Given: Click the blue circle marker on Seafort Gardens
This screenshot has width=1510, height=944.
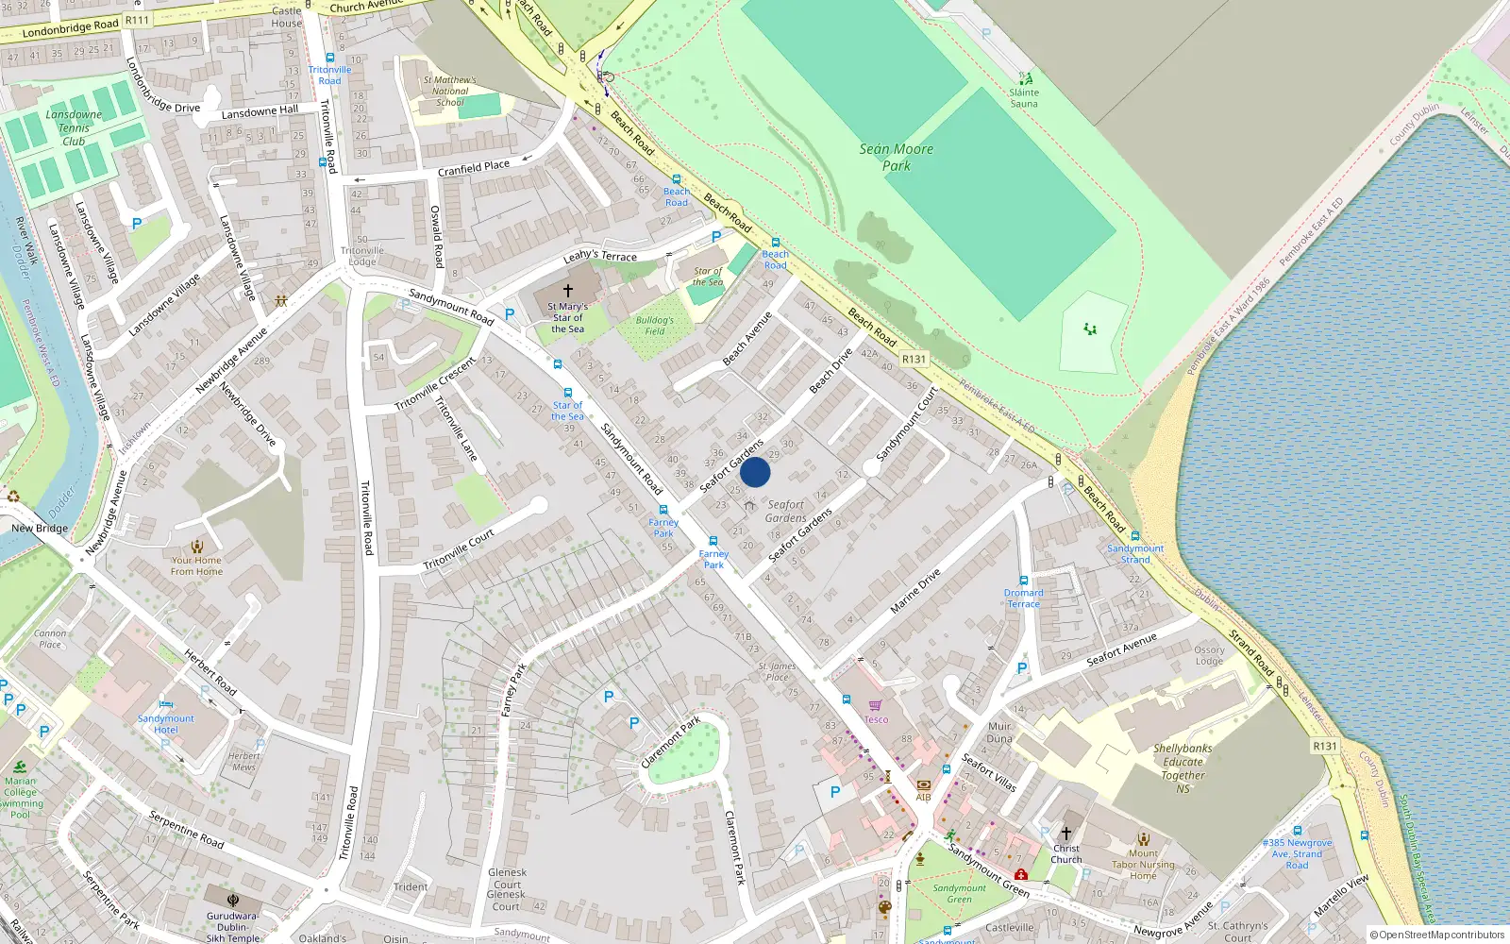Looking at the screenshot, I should tap(755, 472).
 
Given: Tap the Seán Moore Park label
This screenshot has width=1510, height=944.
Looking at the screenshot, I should tap(896, 157).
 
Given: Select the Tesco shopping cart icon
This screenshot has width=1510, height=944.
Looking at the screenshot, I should tap(875, 705).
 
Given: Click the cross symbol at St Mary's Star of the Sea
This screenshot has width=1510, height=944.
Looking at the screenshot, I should tap(567, 291).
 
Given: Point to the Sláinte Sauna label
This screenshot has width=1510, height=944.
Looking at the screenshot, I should tap(1024, 97).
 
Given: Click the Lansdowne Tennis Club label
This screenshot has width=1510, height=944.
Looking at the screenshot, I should tap(74, 127).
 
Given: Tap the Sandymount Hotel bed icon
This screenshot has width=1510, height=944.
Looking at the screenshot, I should tap(166, 704).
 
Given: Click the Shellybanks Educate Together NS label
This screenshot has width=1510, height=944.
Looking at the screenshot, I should tap(1183, 767).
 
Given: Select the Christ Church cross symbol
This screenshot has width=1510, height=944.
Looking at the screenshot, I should tap(1066, 834).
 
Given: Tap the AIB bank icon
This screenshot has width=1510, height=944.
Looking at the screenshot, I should tap(923, 784).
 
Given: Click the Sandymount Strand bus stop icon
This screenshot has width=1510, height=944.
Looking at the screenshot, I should tap(1135, 536).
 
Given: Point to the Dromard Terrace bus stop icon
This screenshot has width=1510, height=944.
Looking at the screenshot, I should tap(1023, 582).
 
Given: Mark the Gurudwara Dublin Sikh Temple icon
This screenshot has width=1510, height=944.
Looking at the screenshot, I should tap(233, 900).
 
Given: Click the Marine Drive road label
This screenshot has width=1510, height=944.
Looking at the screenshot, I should tap(915, 591).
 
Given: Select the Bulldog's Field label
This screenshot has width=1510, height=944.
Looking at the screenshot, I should tap(655, 326).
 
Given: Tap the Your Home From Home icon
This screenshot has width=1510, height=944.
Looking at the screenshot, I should tap(197, 547).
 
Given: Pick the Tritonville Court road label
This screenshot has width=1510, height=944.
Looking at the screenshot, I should tap(459, 549).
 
